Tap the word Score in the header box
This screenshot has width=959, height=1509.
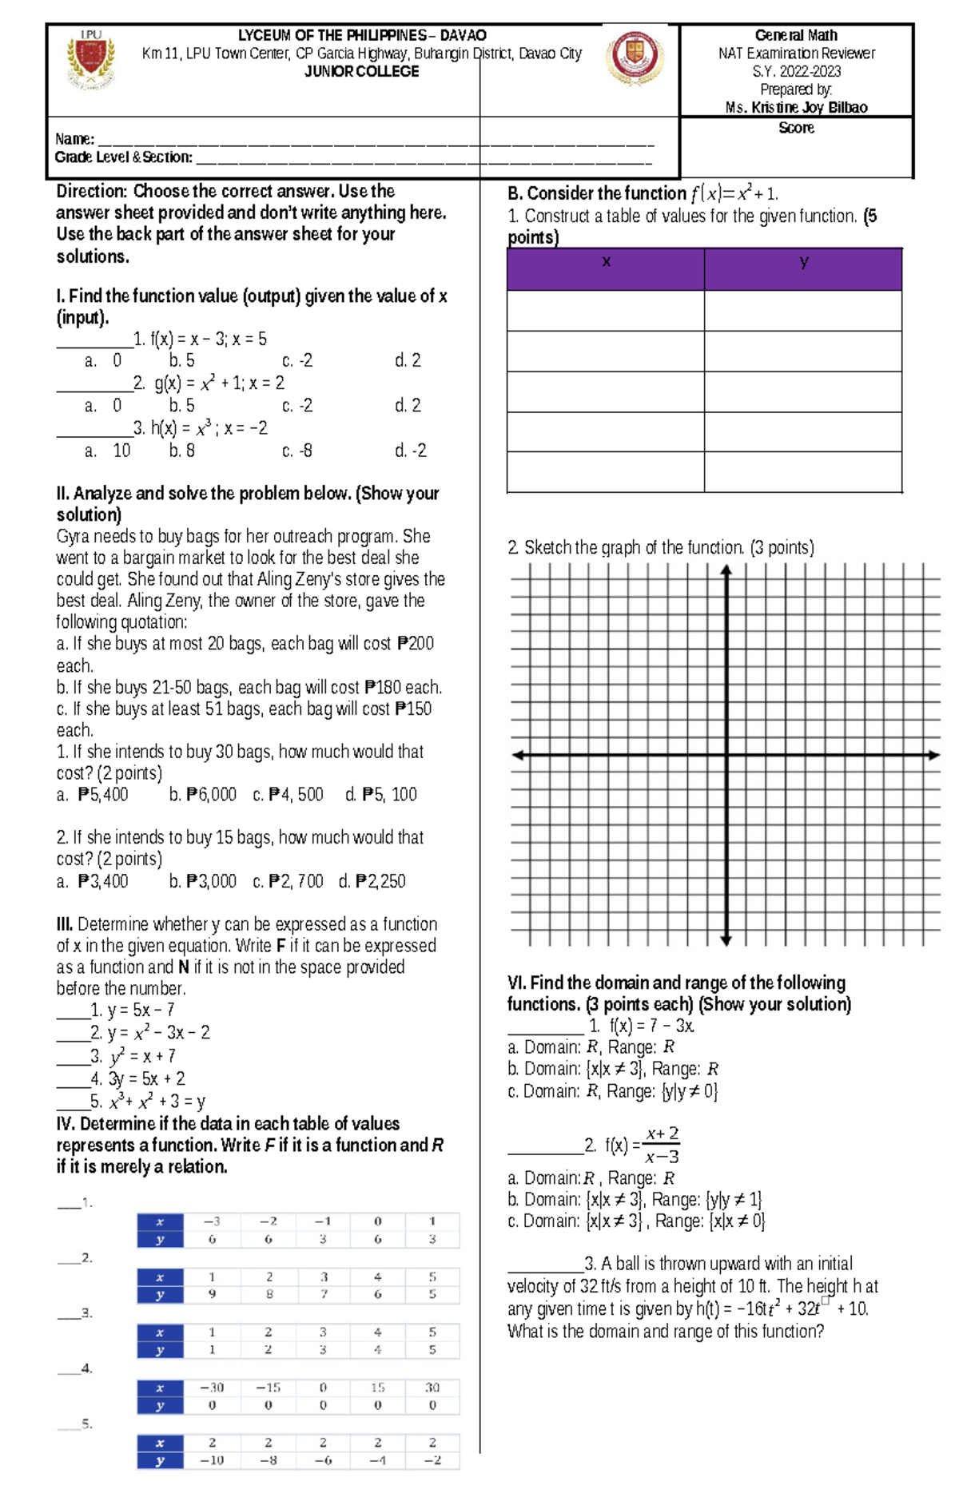click(796, 128)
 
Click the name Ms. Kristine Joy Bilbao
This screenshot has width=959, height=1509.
click(796, 107)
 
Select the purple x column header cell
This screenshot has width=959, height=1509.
click(606, 269)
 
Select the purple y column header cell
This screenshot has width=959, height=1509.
click(803, 269)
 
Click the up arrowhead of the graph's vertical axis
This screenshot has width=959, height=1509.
click(726, 570)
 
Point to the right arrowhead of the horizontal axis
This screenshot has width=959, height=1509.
click(933, 755)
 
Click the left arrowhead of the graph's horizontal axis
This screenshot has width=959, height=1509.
click(519, 755)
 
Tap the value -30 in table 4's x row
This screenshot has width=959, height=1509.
click(212, 1388)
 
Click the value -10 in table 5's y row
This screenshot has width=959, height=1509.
click(212, 1460)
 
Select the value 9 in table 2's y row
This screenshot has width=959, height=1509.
click(212, 1294)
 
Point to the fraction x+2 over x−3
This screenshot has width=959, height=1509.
click(662, 1145)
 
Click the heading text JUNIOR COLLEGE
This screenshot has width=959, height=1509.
click(361, 72)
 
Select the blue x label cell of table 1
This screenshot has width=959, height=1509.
click(160, 1221)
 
